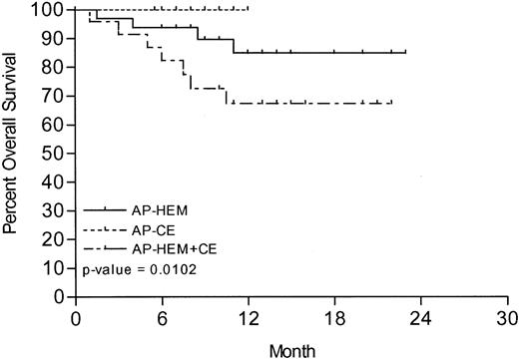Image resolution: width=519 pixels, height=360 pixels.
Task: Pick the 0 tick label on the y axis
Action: click(58, 297)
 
